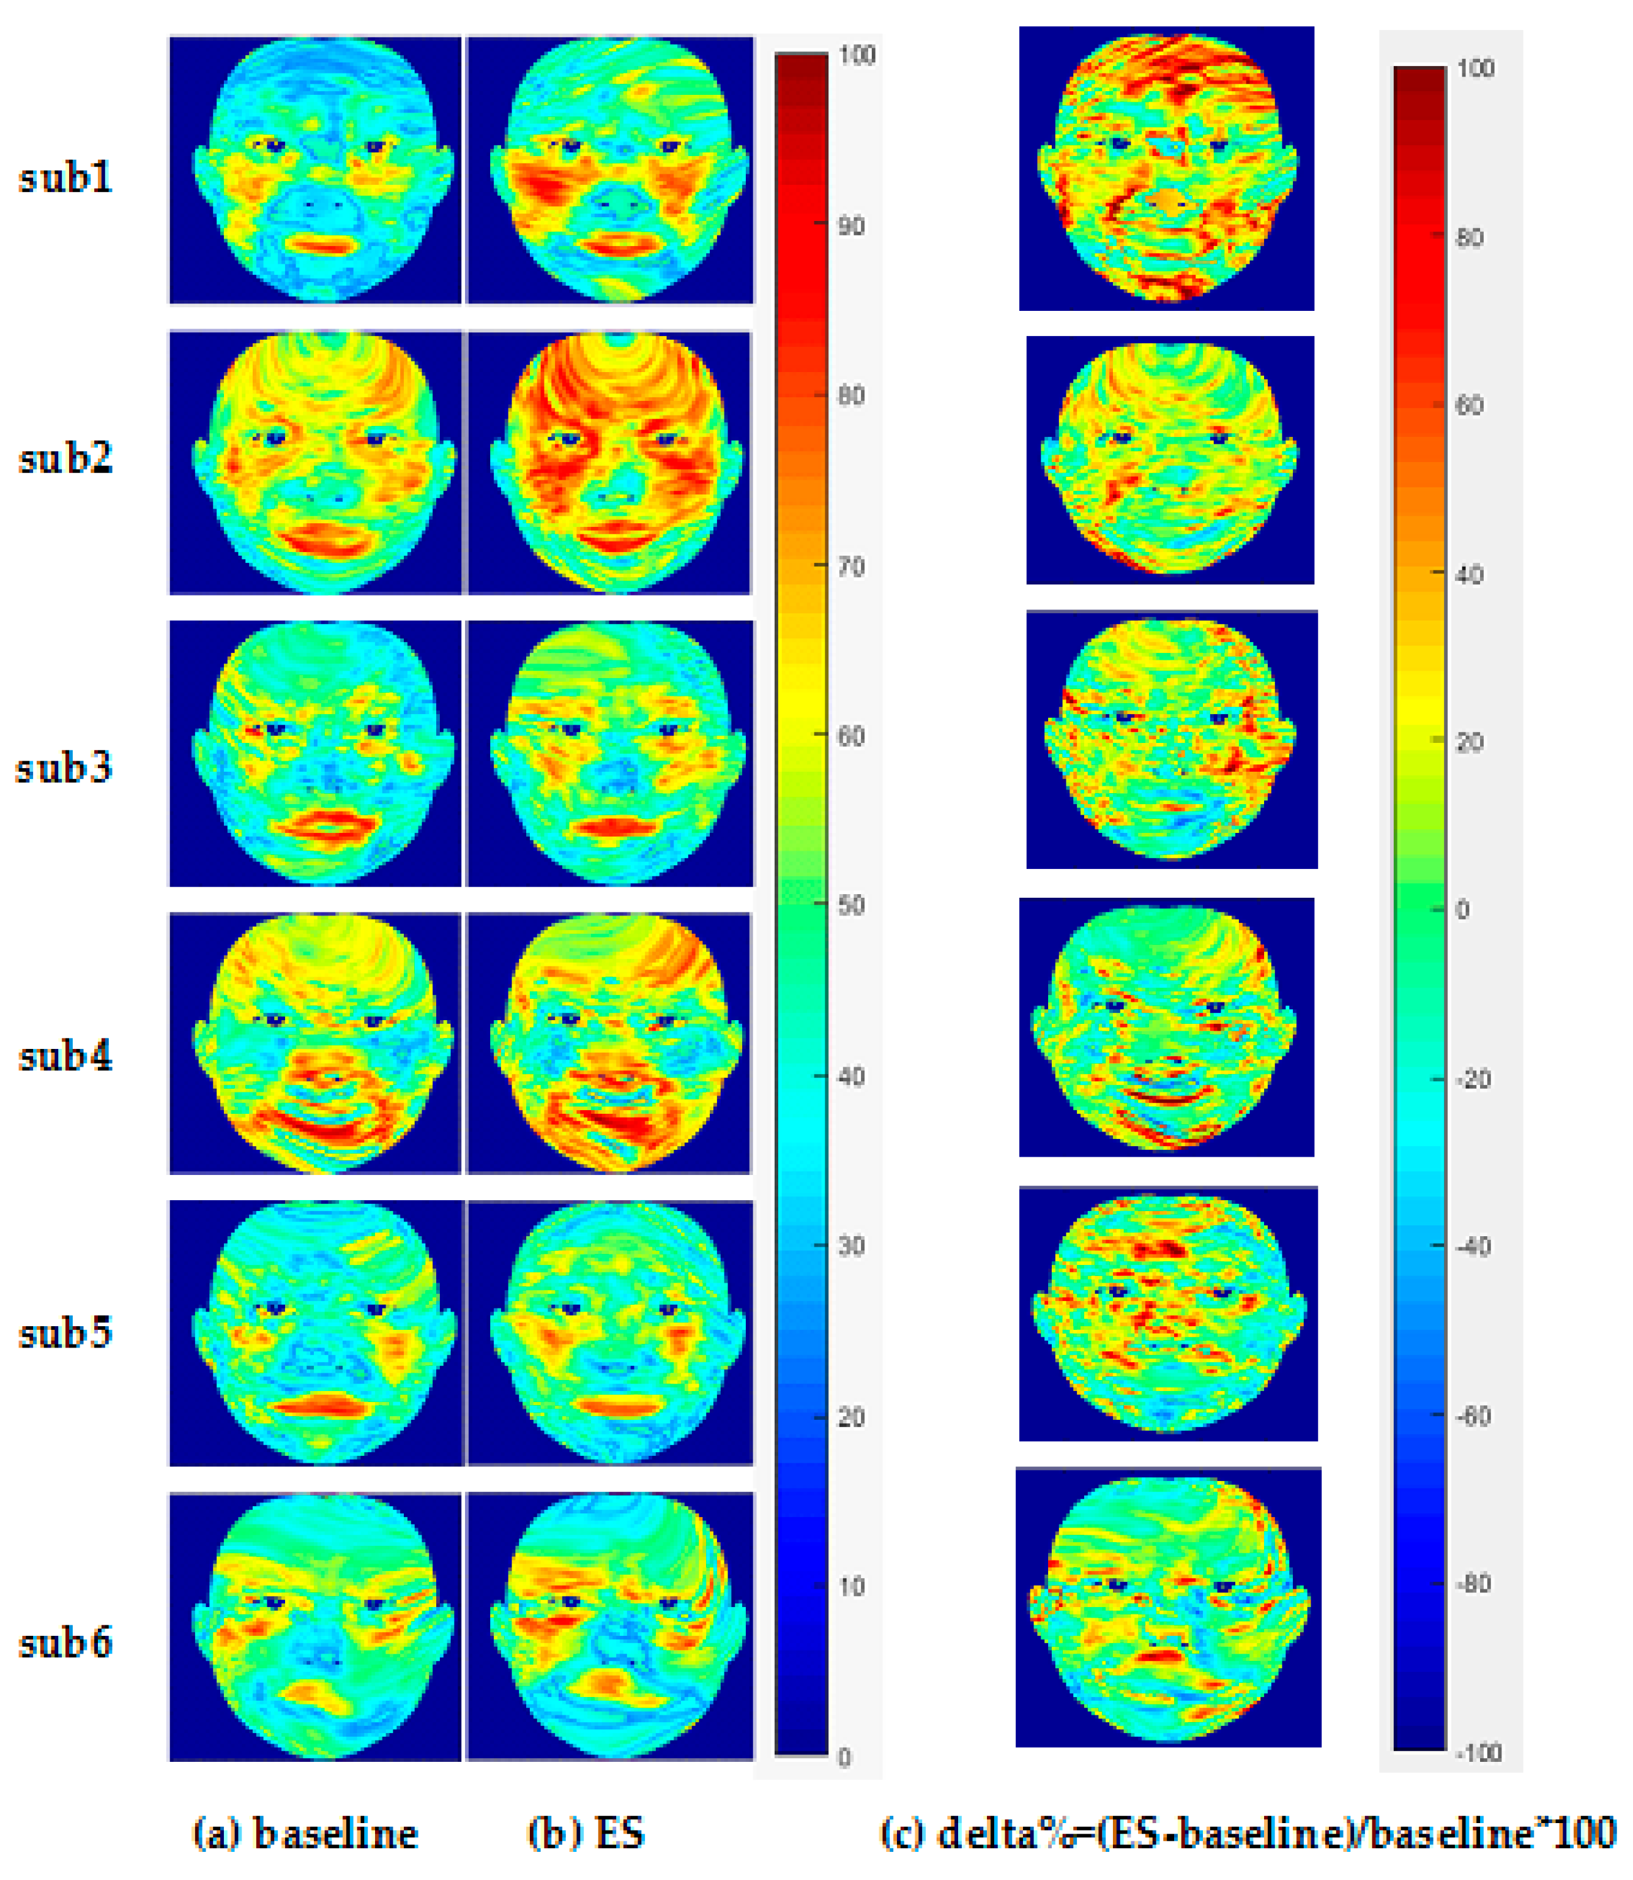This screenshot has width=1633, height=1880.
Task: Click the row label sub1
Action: tap(65, 177)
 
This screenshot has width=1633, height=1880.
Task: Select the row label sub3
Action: tap(64, 767)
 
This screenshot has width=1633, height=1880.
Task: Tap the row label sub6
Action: tap(65, 1642)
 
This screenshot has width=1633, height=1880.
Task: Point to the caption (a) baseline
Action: tap(305, 1833)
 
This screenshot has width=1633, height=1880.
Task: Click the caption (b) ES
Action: tap(586, 1833)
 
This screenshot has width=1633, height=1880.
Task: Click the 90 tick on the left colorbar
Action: tap(850, 226)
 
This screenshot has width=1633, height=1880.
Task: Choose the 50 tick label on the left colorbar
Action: tap(850, 906)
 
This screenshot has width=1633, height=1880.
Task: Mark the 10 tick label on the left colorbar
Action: tap(850, 1587)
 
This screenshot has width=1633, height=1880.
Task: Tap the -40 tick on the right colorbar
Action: tap(1473, 1246)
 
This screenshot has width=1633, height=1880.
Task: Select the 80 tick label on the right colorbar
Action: tap(1470, 238)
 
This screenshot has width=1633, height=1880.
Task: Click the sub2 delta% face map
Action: tap(1170, 460)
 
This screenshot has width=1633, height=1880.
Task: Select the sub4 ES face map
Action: tap(609, 1043)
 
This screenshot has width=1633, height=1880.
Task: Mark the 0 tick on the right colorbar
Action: tap(1462, 909)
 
